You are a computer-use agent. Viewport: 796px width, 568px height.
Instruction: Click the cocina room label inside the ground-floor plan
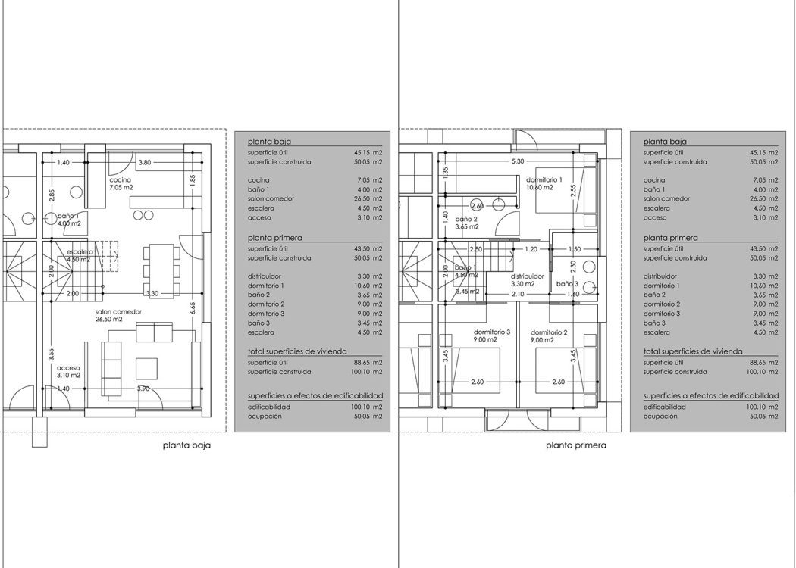[121, 180]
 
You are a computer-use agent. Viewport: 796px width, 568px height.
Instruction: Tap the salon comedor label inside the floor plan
[118, 312]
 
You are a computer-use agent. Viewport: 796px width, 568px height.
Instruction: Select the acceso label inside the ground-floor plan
[68, 368]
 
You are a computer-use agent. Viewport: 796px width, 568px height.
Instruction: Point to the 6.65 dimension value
[193, 308]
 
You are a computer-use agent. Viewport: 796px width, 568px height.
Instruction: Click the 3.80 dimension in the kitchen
[145, 163]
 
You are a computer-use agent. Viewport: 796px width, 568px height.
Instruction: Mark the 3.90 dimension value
[144, 389]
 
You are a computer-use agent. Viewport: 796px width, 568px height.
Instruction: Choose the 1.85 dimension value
[193, 180]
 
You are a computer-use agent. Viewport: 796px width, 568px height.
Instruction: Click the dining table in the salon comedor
[161, 270]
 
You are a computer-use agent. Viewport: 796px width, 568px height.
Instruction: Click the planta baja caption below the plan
[186, 446]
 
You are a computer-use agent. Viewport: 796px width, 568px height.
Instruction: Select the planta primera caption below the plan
[576, 446]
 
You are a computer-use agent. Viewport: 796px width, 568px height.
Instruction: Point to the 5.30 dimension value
[518, 161]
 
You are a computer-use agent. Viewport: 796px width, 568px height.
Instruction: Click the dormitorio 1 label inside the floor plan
[544, 180]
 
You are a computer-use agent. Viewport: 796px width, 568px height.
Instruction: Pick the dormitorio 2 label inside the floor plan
[550, 332]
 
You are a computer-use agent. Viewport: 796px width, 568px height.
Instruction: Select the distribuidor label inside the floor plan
[528, 276]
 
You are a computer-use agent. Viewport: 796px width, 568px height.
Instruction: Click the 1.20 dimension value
[531, 249]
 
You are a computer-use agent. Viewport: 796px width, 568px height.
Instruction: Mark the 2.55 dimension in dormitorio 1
[573, 191]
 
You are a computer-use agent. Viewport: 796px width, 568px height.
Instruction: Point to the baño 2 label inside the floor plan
[466, 220]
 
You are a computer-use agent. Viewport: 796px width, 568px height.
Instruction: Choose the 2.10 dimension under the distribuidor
[518, 294]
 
